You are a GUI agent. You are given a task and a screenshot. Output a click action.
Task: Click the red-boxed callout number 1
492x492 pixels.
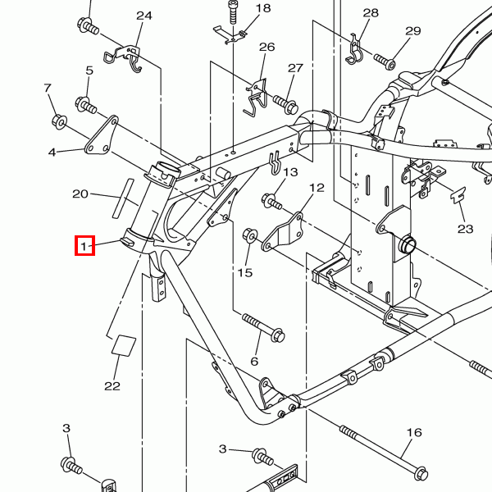(84, 245)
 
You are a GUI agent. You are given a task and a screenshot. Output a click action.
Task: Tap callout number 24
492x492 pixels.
(144, 16)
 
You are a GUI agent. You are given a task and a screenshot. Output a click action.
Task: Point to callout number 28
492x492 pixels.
(371, 12)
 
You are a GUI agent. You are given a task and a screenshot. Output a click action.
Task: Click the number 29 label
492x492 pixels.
(412, 31)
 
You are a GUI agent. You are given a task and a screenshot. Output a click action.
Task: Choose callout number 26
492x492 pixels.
(266, 47)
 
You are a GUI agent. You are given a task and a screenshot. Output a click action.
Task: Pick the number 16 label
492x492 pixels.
(413, 432)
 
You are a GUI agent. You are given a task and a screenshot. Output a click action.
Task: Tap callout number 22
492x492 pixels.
(112, 385)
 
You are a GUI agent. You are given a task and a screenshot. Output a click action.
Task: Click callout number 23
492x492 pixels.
(466, 229)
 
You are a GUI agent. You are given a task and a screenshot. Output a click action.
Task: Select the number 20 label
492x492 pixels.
(80, 194)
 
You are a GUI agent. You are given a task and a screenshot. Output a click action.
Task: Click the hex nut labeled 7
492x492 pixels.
(59, 122)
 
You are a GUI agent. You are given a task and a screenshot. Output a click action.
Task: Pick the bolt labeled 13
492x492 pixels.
(271, 199)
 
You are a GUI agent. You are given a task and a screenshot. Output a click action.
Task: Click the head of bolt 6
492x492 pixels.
(276, 335)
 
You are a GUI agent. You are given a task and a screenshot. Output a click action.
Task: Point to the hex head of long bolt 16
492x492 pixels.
(421, 473)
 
